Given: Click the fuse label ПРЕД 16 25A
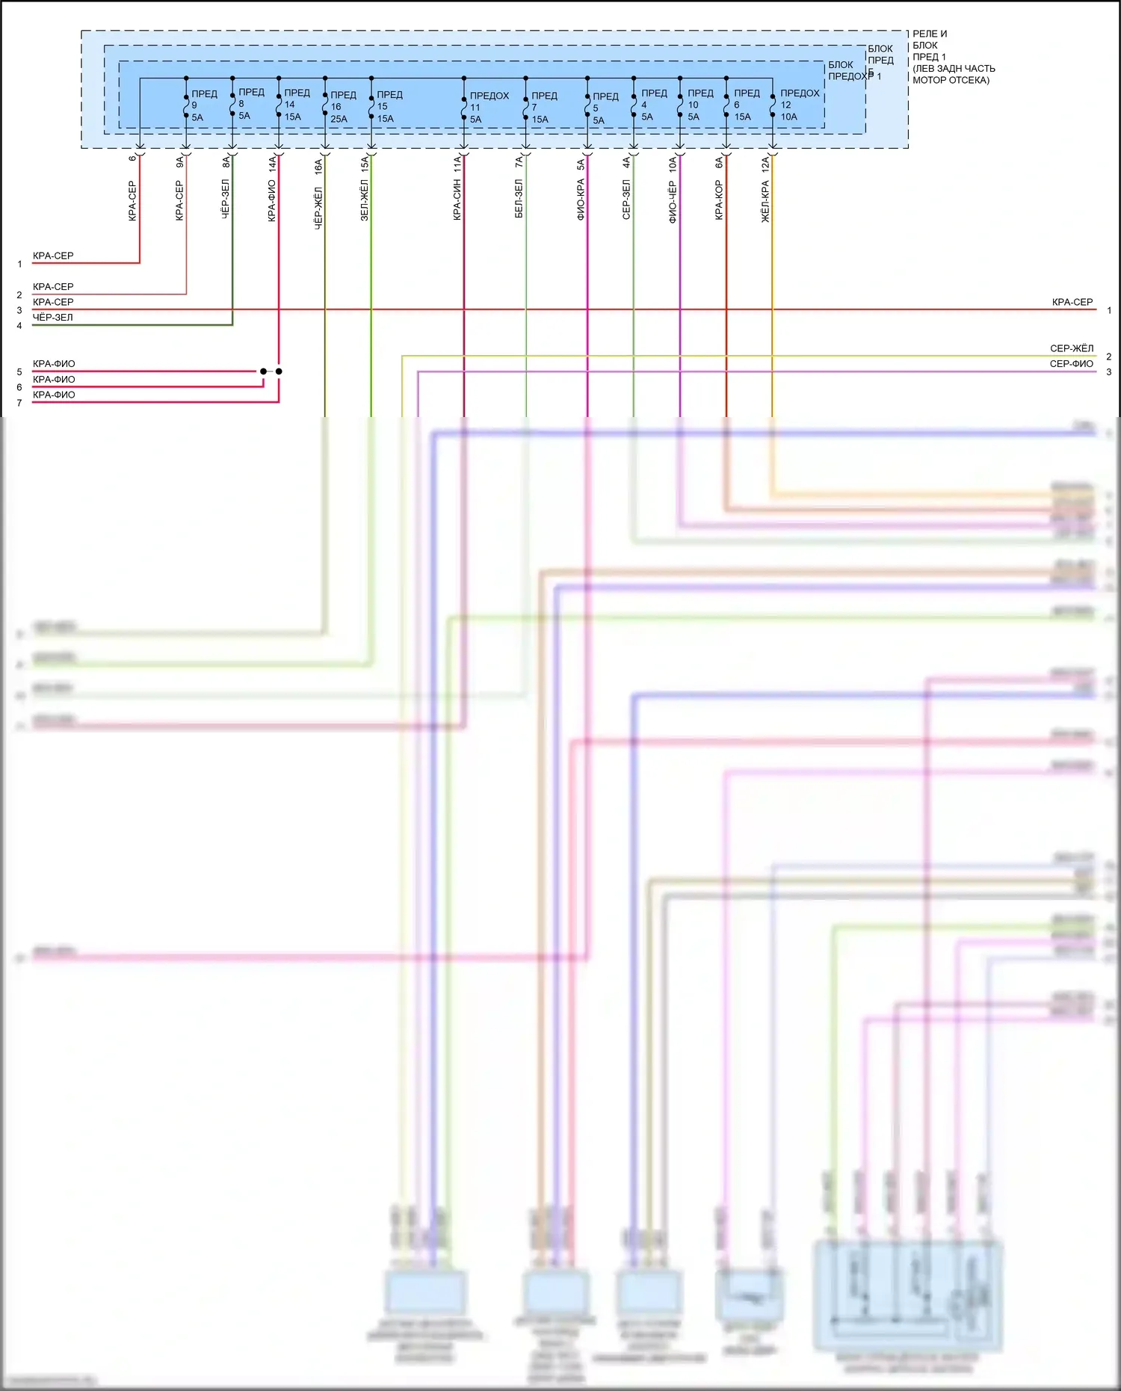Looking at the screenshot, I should [x=342, y=107].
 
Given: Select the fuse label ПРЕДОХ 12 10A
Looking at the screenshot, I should [x=799, y=105].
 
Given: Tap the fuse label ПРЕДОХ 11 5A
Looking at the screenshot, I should [x=488, y=107].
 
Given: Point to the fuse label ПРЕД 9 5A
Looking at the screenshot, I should [x=203, y=105].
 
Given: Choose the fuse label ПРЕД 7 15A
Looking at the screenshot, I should [x=543, y=107].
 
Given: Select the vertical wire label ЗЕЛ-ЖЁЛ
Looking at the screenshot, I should [x=365, y=200].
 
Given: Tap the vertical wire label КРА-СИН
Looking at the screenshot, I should [x=457, y=200].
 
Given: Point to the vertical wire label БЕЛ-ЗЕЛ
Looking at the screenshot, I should [x=519, y=199].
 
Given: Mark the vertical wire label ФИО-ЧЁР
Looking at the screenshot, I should [x=673, y=201].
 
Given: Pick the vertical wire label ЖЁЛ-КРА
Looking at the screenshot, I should [x=765, y=201].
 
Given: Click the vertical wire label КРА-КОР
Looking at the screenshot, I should [x=719, y=200].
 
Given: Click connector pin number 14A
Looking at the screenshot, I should [x=272, y=164].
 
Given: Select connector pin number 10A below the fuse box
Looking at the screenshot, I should [x=673, y=164].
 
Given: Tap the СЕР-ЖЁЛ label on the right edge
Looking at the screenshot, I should [x=1071, y=348].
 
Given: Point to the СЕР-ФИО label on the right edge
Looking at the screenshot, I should [x=1071, y=364].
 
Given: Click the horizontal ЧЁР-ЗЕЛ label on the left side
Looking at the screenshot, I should [x=53, y=318].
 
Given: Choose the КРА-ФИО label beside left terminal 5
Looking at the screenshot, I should [x=54, y=364].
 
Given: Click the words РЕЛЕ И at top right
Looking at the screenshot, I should [x=930, y=34].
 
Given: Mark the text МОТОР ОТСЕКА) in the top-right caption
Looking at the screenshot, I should [x=951, y=80].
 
